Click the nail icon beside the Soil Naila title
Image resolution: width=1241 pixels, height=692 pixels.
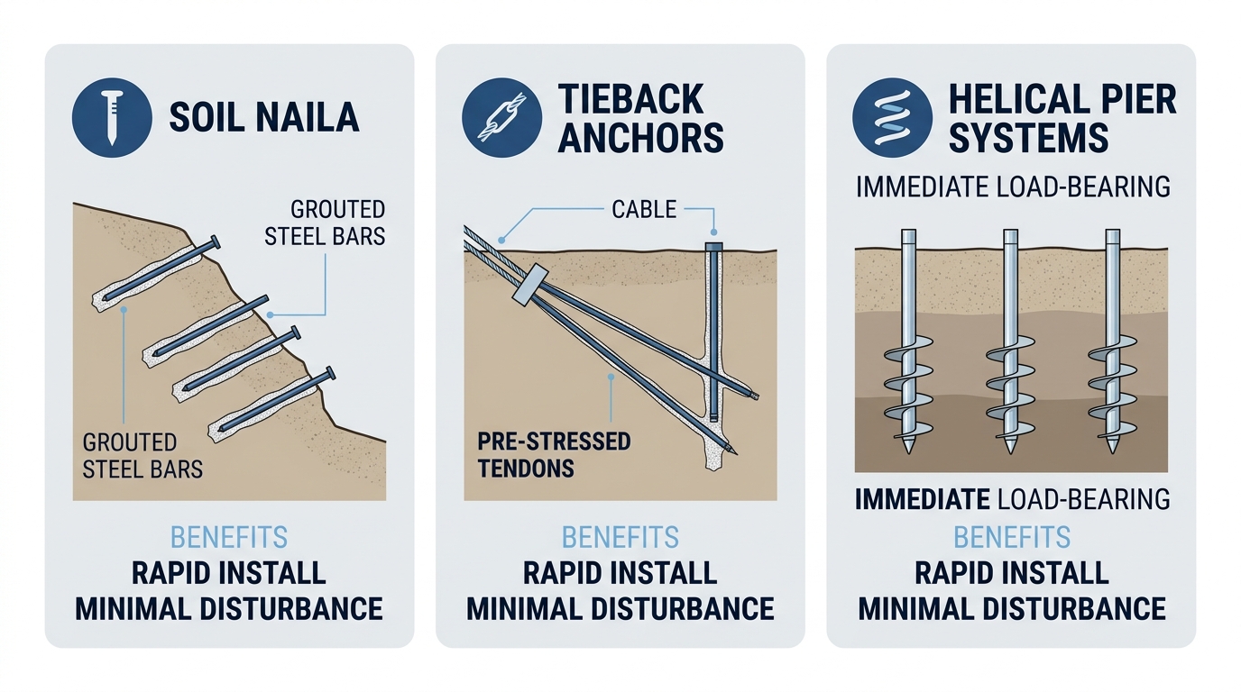pyautogui.click(x=110, y=117)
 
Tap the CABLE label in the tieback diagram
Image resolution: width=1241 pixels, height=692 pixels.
pyautogui.click(x=644, y=209)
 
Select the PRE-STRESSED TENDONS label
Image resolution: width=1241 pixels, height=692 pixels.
pyautogui.click(x=554, y=455)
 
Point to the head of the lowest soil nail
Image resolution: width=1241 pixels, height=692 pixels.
pyautogui.click(x=331, y=374)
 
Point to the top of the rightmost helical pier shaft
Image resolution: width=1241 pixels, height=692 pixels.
pyautogui.click(x=1114, y=236)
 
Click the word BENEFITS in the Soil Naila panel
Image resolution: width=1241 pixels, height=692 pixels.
pyautogui.click(x=228, y=538)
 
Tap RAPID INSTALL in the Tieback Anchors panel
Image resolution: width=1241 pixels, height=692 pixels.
pyautogui.click(x=620, y=572)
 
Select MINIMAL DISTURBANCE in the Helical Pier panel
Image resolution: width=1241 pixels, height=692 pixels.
pyautogui.click(x=1011, y=608)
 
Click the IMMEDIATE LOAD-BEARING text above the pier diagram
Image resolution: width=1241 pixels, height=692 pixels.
pyautogui.click(x=1011, y=187)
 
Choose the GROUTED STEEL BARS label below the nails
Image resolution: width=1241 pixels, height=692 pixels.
pyautogui.click(x=142, y=455)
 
